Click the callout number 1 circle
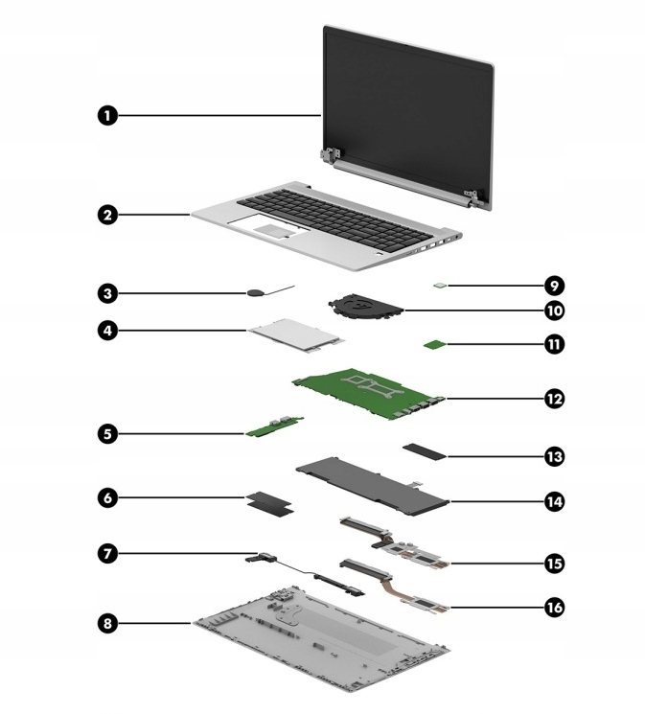point(108,116)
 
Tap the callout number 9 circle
point(553,286)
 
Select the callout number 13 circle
point(553,457)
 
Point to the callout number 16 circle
point(553,608)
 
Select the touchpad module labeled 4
point(294,334)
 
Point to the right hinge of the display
point(470,199)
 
